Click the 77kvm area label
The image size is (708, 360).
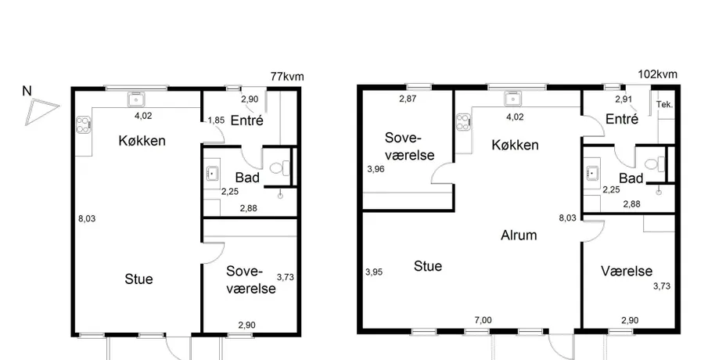[287, 77]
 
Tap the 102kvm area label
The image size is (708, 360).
[657, 74]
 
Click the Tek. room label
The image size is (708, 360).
[664, 105]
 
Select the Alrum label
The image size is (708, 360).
[519, 235]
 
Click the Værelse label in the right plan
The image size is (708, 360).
[627, 271]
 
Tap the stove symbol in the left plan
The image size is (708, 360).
[84, 124]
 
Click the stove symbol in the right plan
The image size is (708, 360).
[464, 122]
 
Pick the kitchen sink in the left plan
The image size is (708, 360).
[136, 99]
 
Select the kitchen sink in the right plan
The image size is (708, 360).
[513, 99]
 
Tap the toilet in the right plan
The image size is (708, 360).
[655, 164]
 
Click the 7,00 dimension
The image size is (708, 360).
[483, 320]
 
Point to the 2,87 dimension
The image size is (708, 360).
[408, 99]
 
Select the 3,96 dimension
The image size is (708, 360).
[376, 169]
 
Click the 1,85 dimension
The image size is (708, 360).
[216, 121]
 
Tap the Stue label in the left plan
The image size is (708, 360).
[138, 279]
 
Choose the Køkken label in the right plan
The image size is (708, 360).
[515, 145]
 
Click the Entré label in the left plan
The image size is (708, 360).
[247, 121]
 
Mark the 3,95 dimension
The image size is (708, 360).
[374, 272]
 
